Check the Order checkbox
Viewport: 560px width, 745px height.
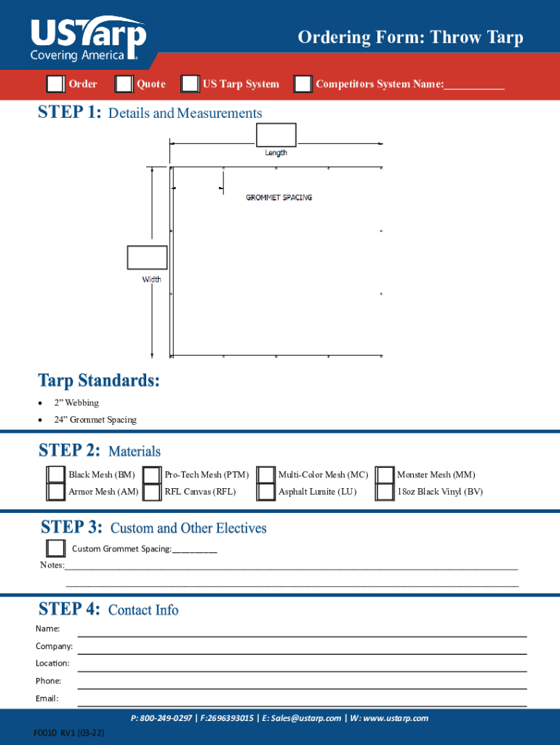coord(55,84)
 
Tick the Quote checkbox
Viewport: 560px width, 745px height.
coord(124,84)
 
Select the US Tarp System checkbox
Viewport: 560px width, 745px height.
coord(191,84)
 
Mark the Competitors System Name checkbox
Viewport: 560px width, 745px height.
coord(303,84)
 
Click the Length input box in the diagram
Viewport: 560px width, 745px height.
coord(276,135)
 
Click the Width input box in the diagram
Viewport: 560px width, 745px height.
coord(147,258)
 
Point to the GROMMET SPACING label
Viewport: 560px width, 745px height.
coord(279,197)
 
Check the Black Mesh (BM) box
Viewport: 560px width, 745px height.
coord(56,475)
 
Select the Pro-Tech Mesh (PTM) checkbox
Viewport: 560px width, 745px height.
coord(152,475)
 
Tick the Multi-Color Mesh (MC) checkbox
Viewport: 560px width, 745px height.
coord(266,475)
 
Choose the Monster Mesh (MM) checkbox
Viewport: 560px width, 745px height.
coord(385,475)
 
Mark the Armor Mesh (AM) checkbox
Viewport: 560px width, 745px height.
coord(56,493)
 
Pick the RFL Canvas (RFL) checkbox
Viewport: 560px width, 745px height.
coord(152,493)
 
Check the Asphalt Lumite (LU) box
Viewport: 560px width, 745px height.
coord(266,493)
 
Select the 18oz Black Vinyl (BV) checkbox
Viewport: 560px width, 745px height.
coord(385,493)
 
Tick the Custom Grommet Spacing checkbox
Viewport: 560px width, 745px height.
coord(56,548)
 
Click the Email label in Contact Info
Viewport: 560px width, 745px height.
coord(47,698)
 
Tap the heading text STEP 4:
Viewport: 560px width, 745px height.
coord(69,609)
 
